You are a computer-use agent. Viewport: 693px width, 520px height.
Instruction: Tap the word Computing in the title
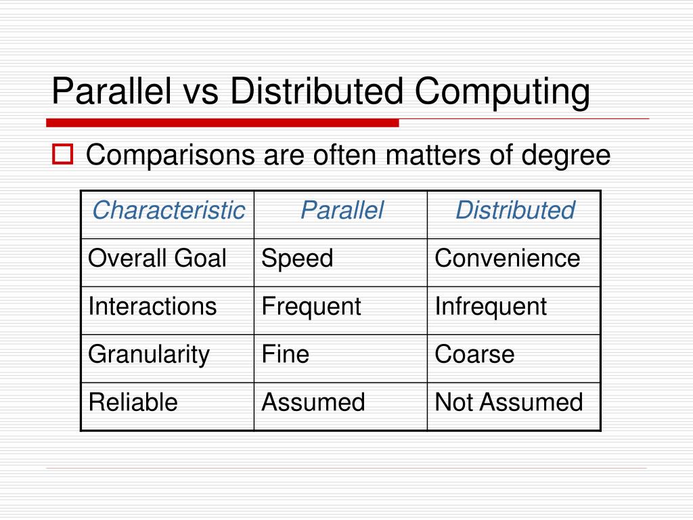[x=502, y=93]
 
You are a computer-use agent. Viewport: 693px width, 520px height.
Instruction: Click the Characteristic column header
[x=168, y=211]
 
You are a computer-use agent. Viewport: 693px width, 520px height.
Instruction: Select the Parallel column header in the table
[x=342, y=211]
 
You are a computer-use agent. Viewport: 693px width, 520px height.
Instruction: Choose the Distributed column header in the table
[x=515, y=211]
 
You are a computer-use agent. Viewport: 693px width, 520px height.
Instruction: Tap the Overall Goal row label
[x=158, y=259]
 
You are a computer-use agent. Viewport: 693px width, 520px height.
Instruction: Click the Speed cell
[x=298, y=259]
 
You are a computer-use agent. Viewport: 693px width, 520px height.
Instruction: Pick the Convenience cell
[x=508, y=259]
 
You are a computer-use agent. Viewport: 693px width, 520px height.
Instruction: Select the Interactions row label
[x=153, y=307]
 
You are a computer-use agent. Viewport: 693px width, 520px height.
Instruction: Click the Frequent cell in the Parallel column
[x=311, y=307]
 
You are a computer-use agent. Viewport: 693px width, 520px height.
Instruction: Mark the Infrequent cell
[x=491, y=307]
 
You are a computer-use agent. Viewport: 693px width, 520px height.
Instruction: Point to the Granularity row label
[x=150, y=355]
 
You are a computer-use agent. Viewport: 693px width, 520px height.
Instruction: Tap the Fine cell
[x=286, y=355]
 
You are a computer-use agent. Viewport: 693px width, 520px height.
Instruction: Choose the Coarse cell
[x=474, y=355]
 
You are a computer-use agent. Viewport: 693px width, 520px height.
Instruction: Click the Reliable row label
[x=133, y=403]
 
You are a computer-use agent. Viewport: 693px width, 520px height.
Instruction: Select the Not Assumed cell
[x=509, y=403]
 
